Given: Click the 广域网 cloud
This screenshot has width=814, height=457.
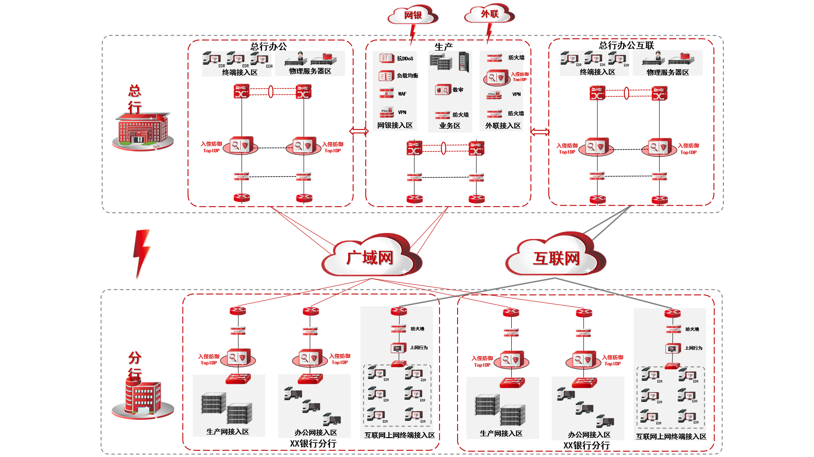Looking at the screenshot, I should pyautogui.click(x=370, y=257).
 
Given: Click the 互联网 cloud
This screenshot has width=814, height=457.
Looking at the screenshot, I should pyautogui.click(x=556, y=258).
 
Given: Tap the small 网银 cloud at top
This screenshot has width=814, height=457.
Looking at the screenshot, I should pyautogui.click(x=413, y=15).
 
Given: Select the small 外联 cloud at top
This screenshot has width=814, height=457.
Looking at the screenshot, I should pyautogui.click(x=489, y=14).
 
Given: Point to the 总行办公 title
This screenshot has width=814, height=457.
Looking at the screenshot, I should pyautogui.click(x=268, y=46).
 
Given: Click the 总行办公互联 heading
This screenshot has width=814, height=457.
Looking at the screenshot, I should pyautogui.click(x=626, y=45).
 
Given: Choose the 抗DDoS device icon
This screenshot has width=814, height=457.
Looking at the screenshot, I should pyautogui.click(x=386, y=58).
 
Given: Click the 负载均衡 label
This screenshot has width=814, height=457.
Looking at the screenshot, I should pyautogui.click(x=407, y=76).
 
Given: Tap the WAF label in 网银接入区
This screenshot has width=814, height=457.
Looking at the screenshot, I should pyautogui.click(x=402, y=94).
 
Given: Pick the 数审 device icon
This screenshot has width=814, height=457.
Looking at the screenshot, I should pyautogui.click(x=443, y=90).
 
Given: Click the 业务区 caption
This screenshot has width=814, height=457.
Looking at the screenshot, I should pyautogui.click(x=450, y=126).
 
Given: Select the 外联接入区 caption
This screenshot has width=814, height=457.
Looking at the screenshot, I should pyautogui.click(x=503, y=126).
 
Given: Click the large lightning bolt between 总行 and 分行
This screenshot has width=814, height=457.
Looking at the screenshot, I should pyautogui.click(x=141, y=253).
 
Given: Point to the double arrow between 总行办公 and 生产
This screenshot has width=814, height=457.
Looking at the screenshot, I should pyautogui.click(x=359, y=131).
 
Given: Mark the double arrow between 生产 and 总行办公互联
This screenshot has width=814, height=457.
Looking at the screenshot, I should pyautogui.click(x=540, y=132).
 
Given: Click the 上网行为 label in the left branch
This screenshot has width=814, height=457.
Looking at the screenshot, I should pyautogui.click(x=419, y=348).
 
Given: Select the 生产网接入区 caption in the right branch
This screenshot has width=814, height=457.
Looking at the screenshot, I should pyautogui.click(x=501, y=434).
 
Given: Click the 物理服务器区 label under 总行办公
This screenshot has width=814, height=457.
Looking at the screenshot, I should pyautogui.click(x=310, y=71).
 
